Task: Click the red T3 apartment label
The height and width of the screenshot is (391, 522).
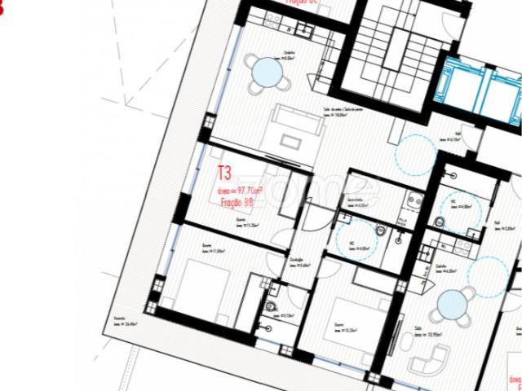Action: pyautogui.click(x=223, y=173)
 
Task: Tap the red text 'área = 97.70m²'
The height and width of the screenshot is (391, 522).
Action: pyautogui.click(x=241, y=189)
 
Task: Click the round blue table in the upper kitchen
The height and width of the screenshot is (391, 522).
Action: pyautogui.click(x=268, y=72)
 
